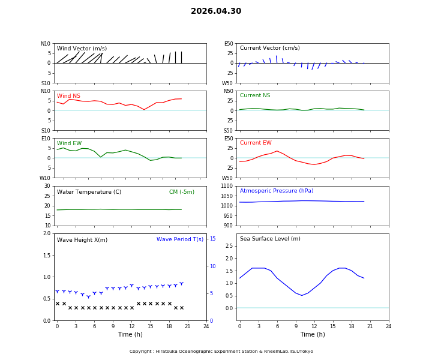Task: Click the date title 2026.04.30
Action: [216, 11]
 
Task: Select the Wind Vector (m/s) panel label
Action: [82, 49]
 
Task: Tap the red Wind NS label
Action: [68, 96]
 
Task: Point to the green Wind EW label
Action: [69, 143]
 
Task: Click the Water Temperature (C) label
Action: [89, 192]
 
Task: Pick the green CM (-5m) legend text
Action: [181, 192]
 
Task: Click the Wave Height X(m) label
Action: [82, 240]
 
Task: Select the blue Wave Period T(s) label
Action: [179, 239]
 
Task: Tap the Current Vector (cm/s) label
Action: [269, 48]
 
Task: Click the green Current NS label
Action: [255, 95]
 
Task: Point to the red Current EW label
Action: [256, 143]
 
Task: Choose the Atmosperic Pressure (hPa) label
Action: [277, 191]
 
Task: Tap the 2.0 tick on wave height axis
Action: [47, 233]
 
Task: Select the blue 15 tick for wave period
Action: [212, 239]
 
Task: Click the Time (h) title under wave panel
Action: [130, 334]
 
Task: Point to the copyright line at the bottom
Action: [221, 352]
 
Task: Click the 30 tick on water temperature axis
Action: [47, 186]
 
